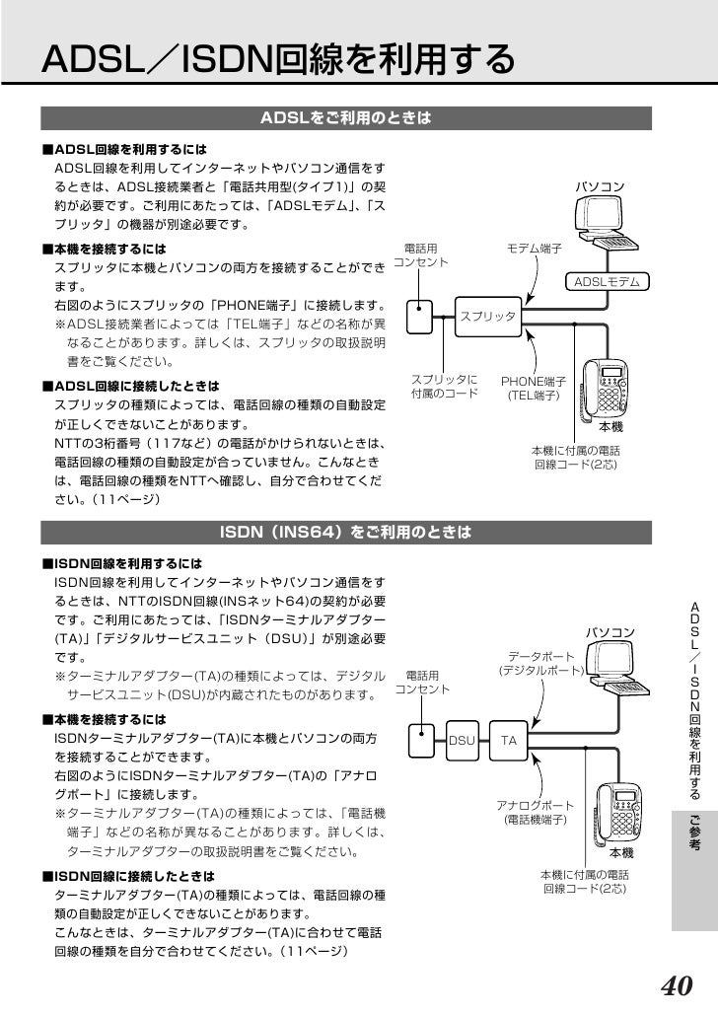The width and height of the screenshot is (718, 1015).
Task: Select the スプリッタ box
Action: coord(490,316)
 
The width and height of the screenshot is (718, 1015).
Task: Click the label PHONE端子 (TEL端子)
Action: coord(534,388)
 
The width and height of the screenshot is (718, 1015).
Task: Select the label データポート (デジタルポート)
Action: coord(539,663)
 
